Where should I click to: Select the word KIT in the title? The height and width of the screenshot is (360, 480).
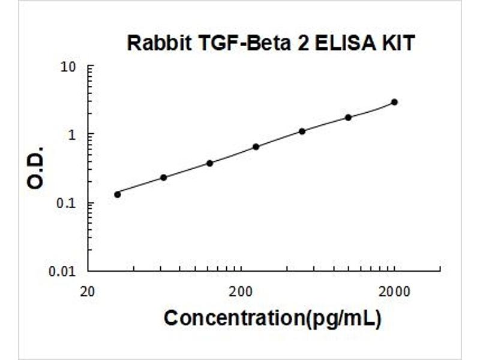tap(398, 43)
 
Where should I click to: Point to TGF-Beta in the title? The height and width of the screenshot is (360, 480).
tap(228, 43)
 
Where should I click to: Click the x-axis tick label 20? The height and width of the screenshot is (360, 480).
tap(88, 293)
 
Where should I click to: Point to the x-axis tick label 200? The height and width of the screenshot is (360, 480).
tap(241, 293)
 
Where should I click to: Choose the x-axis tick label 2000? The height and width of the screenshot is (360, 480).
tap(394, 293)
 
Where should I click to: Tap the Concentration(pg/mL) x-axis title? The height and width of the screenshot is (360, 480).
tap(272, 319)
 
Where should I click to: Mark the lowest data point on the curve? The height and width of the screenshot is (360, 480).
tap(118, 194)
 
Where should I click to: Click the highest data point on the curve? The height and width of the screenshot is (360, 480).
tap(394, 102)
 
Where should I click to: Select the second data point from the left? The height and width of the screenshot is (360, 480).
tap(164, 178)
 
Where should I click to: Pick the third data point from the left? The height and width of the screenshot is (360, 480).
tap(210, 163)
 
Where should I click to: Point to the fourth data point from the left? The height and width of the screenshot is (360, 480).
tap(256, 146)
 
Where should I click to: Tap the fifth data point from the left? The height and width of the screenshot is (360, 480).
tap(302, 131)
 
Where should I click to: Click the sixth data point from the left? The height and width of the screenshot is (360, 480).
tap(348, 117)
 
